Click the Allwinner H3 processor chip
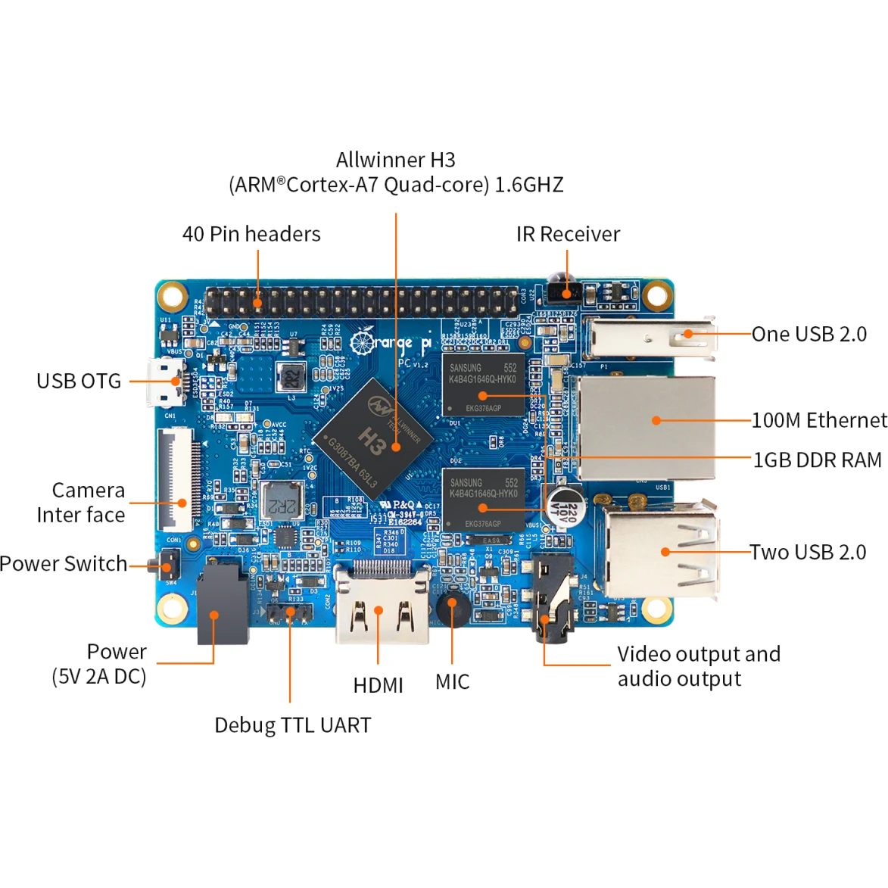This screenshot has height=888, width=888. [374, 438]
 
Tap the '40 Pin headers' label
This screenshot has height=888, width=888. [251, 234]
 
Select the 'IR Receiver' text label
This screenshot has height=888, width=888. [568, 234]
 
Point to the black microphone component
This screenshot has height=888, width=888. [452, 608]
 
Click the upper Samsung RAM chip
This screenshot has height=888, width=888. [483, 384]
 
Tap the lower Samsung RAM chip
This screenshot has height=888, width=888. [483, 499]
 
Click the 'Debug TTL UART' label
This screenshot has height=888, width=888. [292, 724]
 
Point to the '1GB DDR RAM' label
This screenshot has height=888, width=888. [817, 460]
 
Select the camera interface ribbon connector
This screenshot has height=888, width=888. [176, 479]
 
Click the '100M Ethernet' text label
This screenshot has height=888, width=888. [818, 420]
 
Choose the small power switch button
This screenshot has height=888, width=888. [168, 565]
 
